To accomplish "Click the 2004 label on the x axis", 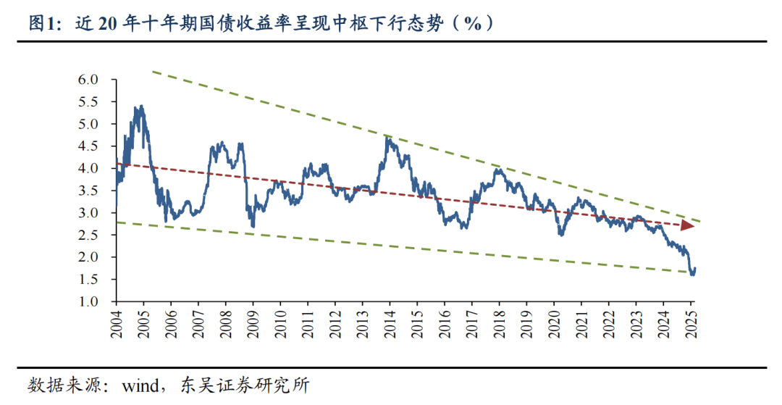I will click(116, 323).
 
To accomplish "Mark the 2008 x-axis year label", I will click(225, 323).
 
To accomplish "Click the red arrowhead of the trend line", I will click(689, 226).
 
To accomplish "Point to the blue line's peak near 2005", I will click(141, 107).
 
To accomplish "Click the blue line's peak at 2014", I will click(387, 135).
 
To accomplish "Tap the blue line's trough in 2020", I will click(560, 234).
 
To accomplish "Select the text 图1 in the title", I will click(38, 23).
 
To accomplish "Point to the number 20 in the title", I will click(108, 23).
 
